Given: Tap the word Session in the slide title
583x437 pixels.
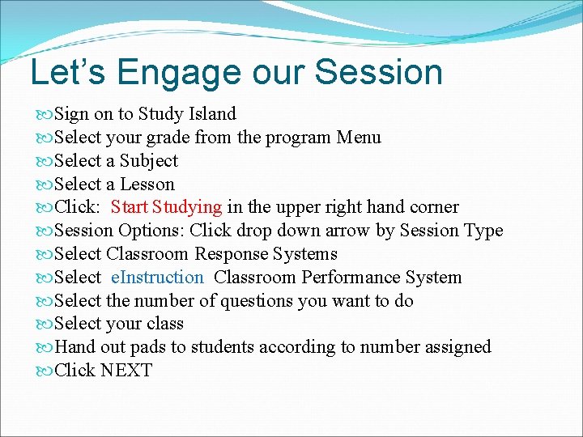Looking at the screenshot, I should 378,72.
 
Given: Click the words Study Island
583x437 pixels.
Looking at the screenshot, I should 187,114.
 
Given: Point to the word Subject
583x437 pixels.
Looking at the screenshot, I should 149,161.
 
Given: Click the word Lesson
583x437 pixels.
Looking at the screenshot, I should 147,185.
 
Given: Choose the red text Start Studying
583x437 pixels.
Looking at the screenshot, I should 166,207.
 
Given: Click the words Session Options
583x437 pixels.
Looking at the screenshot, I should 118,231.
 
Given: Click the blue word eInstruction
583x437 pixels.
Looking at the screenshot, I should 157,278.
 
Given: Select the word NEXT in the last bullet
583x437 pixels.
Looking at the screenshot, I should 126,371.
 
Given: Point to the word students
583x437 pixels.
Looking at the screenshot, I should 223,347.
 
